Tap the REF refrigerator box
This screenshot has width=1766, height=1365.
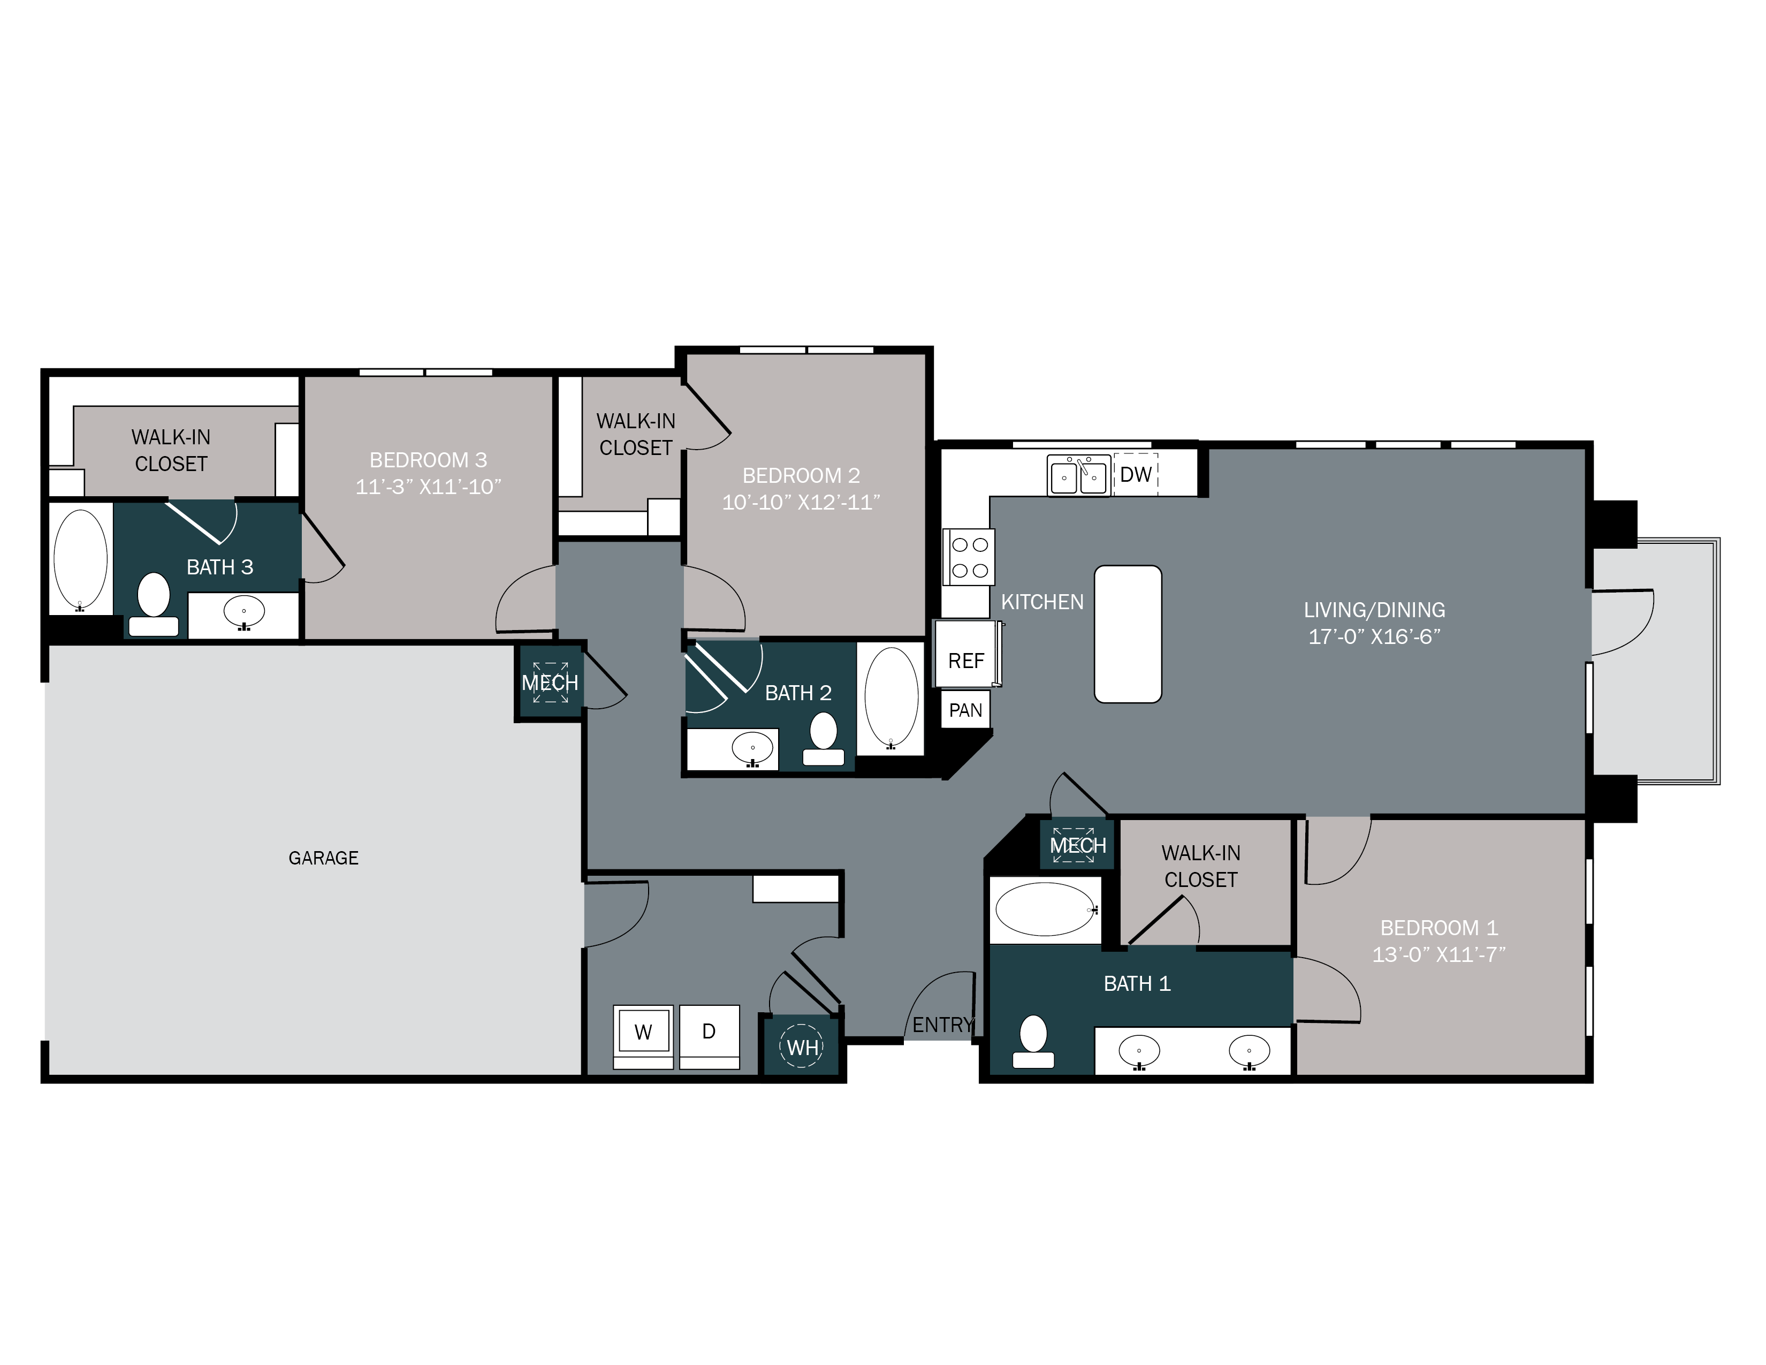965,660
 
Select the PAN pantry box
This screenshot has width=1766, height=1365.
965,710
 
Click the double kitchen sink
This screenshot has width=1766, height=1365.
1078,475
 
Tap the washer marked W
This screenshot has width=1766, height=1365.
643,1032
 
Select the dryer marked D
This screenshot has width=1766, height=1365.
709,1032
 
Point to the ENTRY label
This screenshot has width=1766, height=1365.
942,1025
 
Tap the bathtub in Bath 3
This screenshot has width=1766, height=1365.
80,559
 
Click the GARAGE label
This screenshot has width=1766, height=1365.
323,857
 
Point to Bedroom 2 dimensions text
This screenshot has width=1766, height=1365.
801,502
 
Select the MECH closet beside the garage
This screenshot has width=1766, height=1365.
550,682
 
